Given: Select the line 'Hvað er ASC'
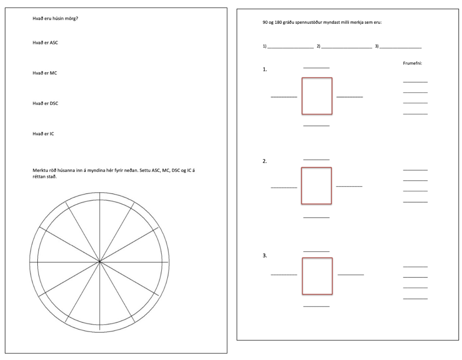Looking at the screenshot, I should point(46,43).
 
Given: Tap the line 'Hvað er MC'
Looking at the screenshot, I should point(45,73).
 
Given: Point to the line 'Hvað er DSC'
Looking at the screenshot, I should point(46,103).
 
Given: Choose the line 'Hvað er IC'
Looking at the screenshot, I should point(43,134).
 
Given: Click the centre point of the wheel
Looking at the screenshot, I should point(100,261).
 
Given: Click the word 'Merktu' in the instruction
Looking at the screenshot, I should point(40,170).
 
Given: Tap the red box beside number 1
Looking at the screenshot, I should point(317,96).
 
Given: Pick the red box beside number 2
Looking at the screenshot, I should point(316,185).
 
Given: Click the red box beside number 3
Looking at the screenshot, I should point(317,276).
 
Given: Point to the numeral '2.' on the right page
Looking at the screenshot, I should point(265,162).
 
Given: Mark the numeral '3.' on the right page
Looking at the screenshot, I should point(265,255).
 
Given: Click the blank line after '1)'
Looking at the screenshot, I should point(290,48).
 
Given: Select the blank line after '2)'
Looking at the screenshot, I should point(346,48).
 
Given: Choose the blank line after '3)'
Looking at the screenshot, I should point(401,48).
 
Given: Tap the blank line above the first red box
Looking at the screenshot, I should point(316,67).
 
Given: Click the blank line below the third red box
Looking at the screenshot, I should point(316,306).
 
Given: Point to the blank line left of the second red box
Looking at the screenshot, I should point(284,187).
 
